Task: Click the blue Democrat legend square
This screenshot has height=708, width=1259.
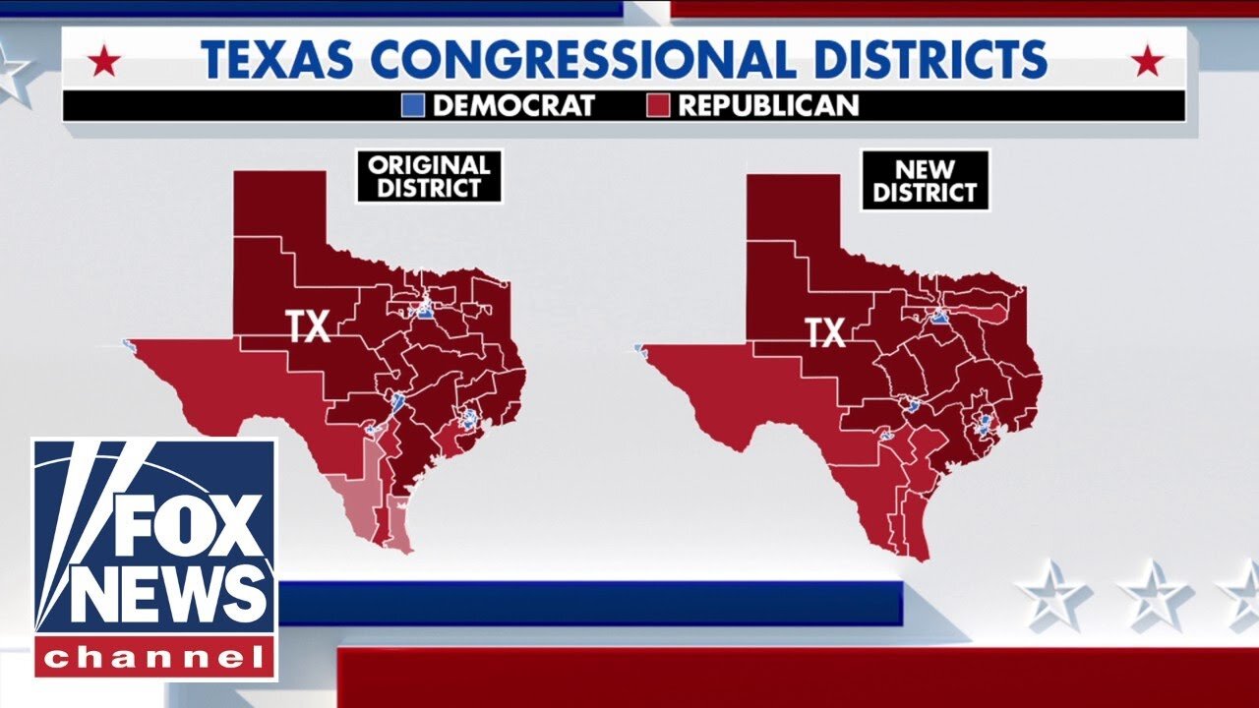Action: pos(414,105)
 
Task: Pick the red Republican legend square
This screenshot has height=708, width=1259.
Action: pos(659,105)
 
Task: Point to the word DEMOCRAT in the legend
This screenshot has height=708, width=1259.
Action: pos(512,105)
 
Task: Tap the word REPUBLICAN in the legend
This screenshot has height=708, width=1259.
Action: pos(768,105)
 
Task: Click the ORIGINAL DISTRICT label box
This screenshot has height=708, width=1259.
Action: pos(430,176)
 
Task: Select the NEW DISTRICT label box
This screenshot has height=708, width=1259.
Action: pos(925,180)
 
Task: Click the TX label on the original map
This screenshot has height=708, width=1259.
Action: pos(308,326)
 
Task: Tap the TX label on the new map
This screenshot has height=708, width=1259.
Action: pos(826,333)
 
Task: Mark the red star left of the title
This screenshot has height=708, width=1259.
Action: pos(103,63)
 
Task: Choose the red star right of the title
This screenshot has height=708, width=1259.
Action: pos(1147,63)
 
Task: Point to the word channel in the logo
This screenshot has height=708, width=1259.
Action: pos(155,657)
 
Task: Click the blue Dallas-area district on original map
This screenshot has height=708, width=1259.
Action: pos(425,312)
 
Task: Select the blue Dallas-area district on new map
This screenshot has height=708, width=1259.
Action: pos(939,318)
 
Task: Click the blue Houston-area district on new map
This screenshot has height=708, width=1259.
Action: pos(984,426)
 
